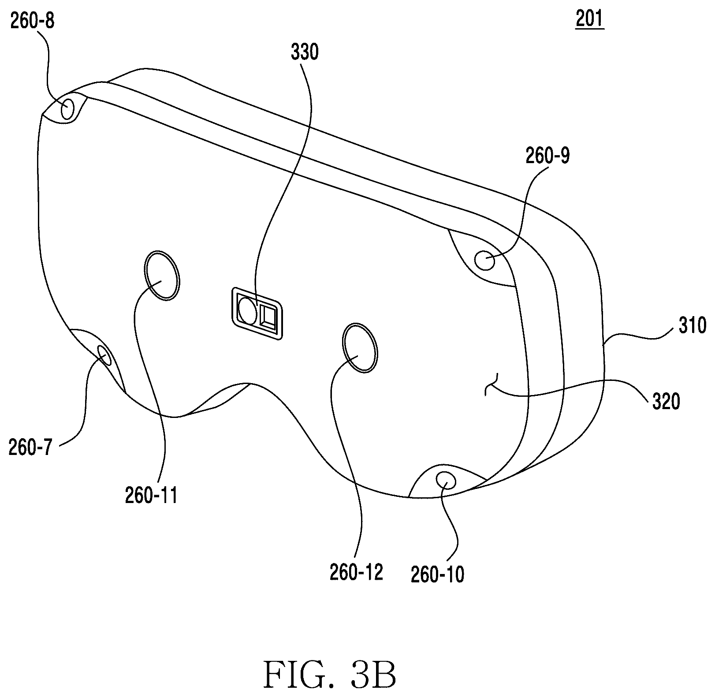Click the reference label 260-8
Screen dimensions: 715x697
32,21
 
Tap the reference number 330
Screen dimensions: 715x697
305,52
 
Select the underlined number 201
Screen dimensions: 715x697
589,19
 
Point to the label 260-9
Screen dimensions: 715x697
547,156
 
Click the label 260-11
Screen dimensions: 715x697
151,496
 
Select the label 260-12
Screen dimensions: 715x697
357,572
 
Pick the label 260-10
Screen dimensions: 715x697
438,575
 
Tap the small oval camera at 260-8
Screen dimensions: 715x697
67,108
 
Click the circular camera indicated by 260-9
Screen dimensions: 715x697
484,261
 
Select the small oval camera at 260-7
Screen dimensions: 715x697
104,355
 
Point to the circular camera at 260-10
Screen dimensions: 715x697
445,479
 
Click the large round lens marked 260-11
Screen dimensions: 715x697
161,276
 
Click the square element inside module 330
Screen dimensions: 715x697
268,316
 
